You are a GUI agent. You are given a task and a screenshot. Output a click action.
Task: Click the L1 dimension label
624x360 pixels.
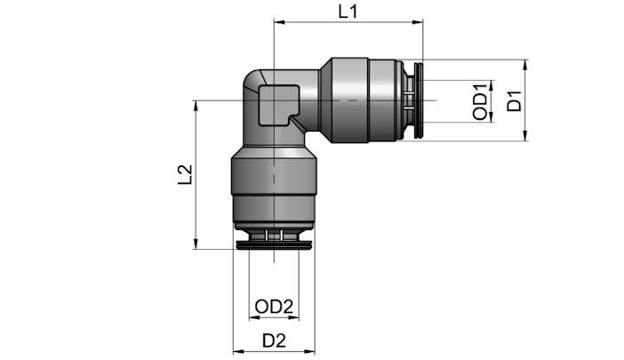click(x=348, y=12)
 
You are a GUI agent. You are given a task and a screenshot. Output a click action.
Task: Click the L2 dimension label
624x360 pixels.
click(x=185, y=174)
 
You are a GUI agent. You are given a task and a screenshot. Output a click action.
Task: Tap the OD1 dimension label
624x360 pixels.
click(x=480, y=102)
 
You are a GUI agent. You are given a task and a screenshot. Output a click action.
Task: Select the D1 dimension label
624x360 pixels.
click(x=514, y=100)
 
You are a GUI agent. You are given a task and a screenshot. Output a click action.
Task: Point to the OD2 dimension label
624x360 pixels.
click(x=274, y=307)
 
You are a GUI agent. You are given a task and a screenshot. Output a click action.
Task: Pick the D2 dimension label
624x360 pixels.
click(x=274, y=341)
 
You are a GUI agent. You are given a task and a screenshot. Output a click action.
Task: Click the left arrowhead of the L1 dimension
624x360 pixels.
click(x=279, y=22)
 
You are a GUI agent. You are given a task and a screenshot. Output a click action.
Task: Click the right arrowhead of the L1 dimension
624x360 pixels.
click(x=418, y=22)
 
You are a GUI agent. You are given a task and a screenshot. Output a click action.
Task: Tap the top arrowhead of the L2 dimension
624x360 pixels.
click(x=196, y=106)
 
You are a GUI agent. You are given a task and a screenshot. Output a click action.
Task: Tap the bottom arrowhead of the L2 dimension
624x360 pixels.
click(x=196, y=244)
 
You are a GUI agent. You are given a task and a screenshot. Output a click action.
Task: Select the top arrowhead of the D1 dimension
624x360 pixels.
click(x=525, y=65)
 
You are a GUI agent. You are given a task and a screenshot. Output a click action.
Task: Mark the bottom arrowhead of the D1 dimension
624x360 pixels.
click(x=525, y=136)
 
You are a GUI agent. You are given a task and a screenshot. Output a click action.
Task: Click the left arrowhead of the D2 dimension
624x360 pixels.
click(x=238, y=352)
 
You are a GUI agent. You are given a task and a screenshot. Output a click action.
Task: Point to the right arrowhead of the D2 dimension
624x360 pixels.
click(x=309, y=352)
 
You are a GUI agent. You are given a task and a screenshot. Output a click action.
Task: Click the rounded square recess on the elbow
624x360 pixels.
click(x=278, y=106)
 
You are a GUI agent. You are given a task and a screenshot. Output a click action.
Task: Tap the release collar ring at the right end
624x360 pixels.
click(x=419, y=100)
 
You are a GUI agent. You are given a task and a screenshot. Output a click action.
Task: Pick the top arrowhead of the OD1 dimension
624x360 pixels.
click(x=491, y=85)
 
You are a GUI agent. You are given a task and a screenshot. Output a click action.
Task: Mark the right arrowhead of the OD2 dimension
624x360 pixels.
click(x=293, y=318)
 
